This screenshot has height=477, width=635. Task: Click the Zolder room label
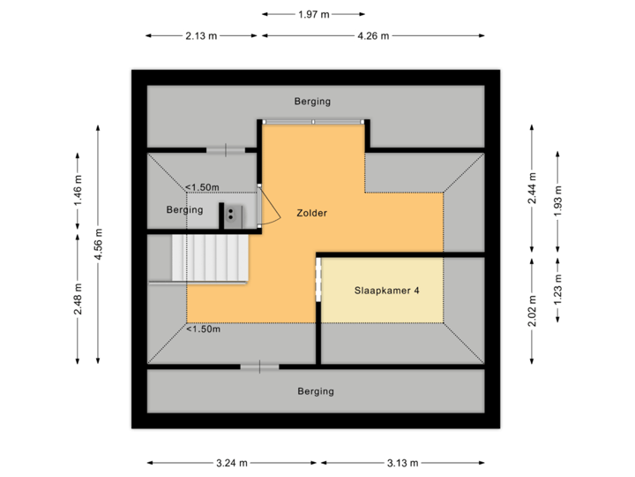click(x=312, y=213)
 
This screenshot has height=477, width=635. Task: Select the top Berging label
click(x=313, y=102)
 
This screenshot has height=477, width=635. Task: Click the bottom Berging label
click(x=316, y=391)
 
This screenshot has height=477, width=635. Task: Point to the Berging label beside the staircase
click(x=185, y=210)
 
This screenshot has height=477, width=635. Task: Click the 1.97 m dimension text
click(x=313, y=14)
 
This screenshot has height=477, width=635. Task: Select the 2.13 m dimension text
click(x=201, y=36)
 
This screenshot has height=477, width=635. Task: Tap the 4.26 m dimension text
click(x=372, y=36)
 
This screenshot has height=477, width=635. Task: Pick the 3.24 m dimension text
click(x=232, y=463)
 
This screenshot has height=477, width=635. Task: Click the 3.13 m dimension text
click(x=401, y=463)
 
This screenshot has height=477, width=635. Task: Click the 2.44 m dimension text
click(x=531, y=187)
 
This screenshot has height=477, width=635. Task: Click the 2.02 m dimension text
click(x=531, y=310)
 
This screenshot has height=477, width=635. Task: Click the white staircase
click(x=212, y=258)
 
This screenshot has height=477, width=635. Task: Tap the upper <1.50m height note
click(x=202, y=187)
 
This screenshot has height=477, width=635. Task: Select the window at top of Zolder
click(x=313, y=122)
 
